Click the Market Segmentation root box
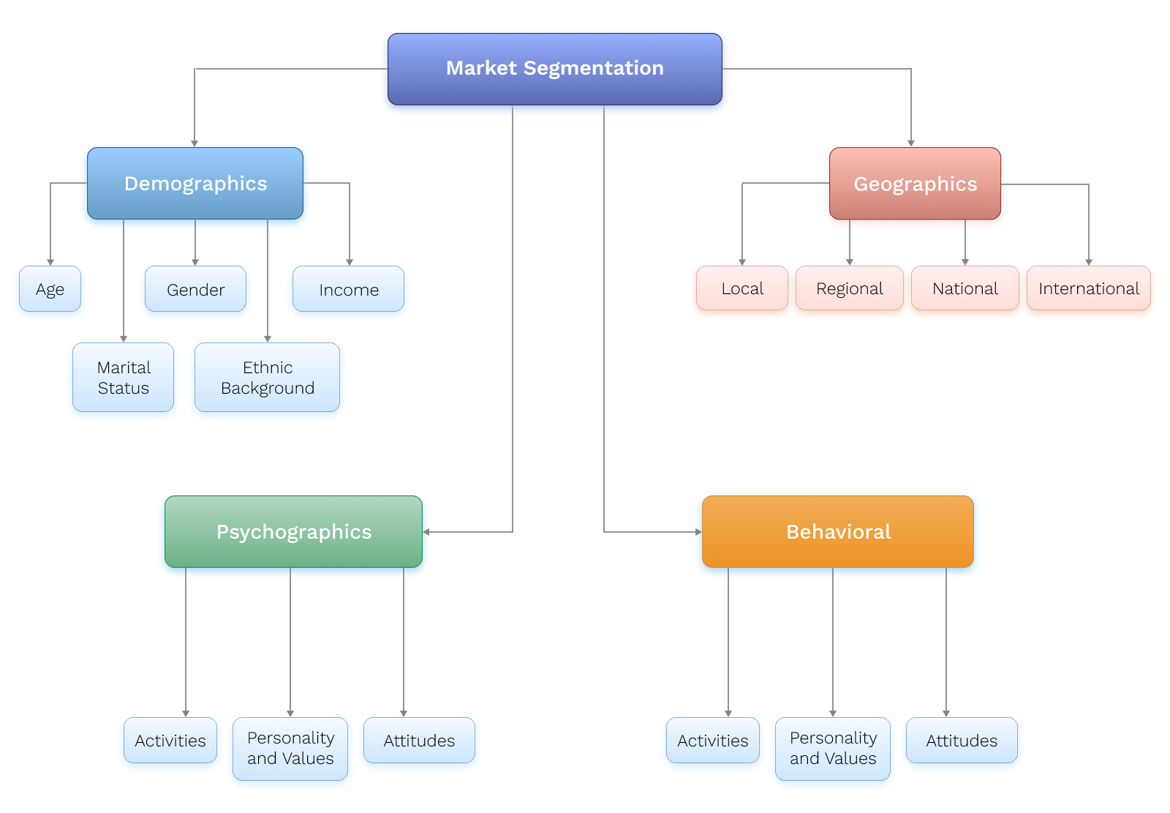pyautogui.click(x=554, y=69)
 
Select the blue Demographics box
pyautogui.click(x=195, y=184)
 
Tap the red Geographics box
pyautogui.click(x=915, y=184)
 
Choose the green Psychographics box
pyautogui.click(x=293, y=532)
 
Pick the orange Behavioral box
pyautogui.click(x=837, y=532)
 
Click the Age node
pyautogui.click(x=50, y=289)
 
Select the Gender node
pyautogui.click(x=195, y=289)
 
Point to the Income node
pyautogui.click(x=348, y=289)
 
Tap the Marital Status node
pyautogui.click(x=123, y=378)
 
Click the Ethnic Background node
pyautogui.click(x=267, y=378)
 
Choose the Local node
pyautogui.click(x=742, y=288)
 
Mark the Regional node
pyautogui.click(x=849, y=288)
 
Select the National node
pyautogui.click(x=965, y=288)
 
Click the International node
pyautogui.click(x=1088, y=288)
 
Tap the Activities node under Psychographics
pyautogui.click(x=170, y=741)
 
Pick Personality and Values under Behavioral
pyautogui.click(x=832, y=749)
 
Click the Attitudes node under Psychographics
pyautogui.click(x=419, y=741)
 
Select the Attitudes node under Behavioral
pyautogui.click(x=962, y=741)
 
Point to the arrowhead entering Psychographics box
pyautogui.click(x=426, y=532)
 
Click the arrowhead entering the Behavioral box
pyautogui.click(x=698, y=532)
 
